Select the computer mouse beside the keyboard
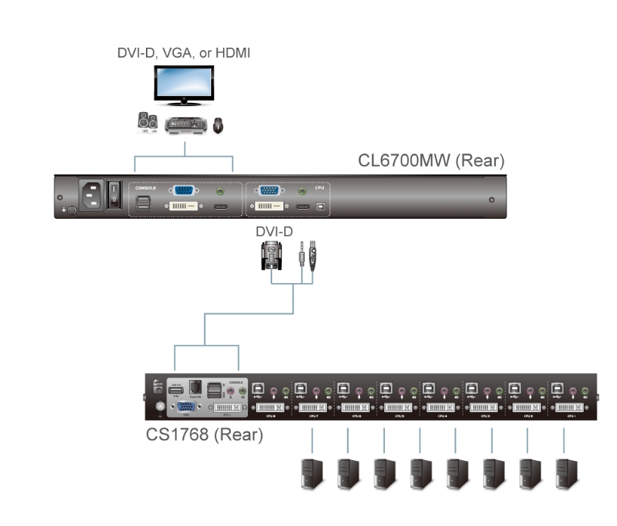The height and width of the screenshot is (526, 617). point(218,125)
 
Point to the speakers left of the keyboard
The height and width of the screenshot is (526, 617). point(147,123)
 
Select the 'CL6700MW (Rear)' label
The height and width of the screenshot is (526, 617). point(431,161)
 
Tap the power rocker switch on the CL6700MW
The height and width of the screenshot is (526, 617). point(114,194)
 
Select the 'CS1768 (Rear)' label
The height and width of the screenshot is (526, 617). point(204,435)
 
